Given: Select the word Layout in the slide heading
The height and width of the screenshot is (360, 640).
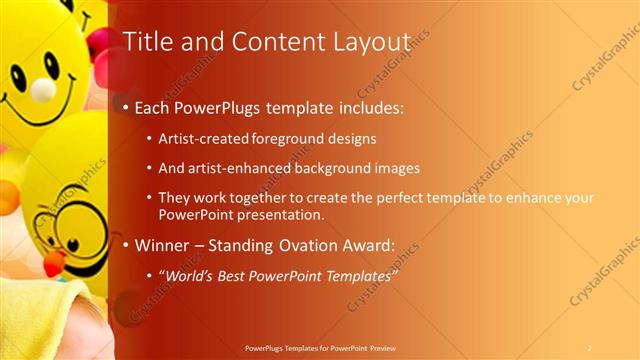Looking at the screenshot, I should point(369,42).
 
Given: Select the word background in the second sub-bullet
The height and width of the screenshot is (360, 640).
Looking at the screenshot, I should point(332,168).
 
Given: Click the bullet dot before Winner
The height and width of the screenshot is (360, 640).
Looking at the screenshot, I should point(125,245).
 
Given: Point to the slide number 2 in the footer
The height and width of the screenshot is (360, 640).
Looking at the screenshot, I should point(590,348).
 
